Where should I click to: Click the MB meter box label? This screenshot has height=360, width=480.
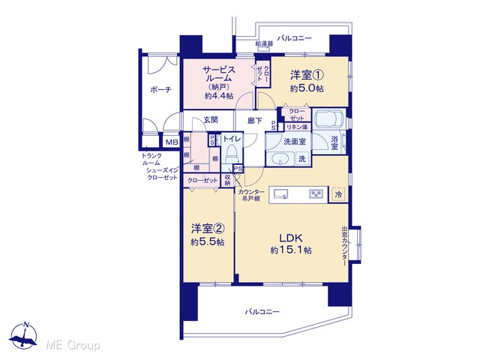172,142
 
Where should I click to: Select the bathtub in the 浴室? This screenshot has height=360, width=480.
329,118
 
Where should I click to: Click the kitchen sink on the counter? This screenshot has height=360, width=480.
280,194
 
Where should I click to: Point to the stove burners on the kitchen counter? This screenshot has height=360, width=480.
316,194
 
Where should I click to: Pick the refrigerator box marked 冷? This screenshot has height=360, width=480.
338,194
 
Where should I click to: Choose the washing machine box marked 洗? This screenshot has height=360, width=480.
302,159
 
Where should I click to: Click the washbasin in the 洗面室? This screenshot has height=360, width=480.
280,159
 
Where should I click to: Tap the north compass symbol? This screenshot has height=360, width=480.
23,335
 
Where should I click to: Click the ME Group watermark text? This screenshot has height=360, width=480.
73,346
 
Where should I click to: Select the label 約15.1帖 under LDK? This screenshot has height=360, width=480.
291,250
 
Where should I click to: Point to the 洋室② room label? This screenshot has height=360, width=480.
208,228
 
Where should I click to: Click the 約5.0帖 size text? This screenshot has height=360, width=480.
307,88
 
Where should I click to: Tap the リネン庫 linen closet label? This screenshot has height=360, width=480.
297,127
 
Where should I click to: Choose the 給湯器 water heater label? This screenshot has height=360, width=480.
264,43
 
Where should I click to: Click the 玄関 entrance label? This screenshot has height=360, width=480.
211,120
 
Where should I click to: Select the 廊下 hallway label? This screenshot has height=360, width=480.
255,121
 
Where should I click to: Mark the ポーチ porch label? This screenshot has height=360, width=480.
160,90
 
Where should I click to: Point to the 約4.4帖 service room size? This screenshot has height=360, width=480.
219,96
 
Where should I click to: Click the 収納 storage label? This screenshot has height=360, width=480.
227,180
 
